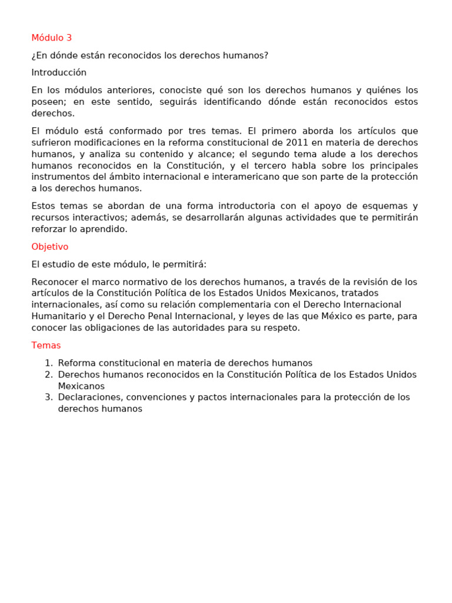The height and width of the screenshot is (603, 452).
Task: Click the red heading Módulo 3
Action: (x=52, y=38)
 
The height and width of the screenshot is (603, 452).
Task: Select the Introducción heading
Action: (x=59, y=73)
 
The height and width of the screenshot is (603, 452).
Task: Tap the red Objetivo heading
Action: (x=50, y=247)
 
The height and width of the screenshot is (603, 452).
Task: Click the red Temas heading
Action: (x=46, y=346)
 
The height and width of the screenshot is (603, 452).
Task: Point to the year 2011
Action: (x=298, y=143)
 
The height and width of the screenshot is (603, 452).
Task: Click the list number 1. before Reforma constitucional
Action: (x=49, y=363)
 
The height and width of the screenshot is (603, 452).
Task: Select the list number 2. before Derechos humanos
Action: (x=49, y=375)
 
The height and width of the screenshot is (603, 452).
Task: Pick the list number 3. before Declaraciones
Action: (x=49, y=397)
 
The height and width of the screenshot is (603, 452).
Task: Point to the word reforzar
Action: (x=48, y=229)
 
